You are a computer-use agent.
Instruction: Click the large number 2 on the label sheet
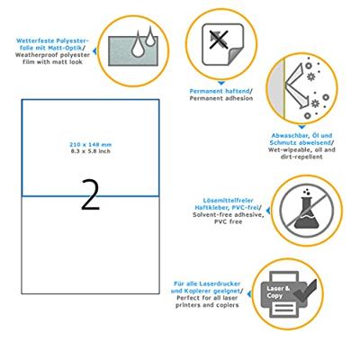pyautogui.click(x=90, y=194)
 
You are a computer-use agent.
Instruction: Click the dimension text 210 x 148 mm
pyautogui.click(x=90, y=145)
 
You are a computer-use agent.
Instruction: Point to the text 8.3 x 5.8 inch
pyautogui.click(x=90, y=151)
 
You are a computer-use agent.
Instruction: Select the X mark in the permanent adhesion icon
pyautogui.click(x=220, y=39)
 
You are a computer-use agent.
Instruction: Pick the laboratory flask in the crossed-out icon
pyautogui.click(x=306, y=211)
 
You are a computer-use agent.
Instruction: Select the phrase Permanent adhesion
pyautogui.click(x=221, y=98)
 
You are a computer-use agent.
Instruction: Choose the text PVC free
pyautogui.click(x=228, y=222)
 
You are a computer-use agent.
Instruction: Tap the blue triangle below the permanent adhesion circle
pyautogui.click(x=221, y=83)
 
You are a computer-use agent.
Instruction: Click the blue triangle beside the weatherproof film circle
pyautogui.click(x=94, y=51)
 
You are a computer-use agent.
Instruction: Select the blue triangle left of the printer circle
pyautogui.click(x=249, y=294)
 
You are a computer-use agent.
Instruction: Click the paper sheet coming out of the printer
pyautogui.click(x=284, y=308)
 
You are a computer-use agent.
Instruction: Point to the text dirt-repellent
pyautogui.click(x=301, y=157)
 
